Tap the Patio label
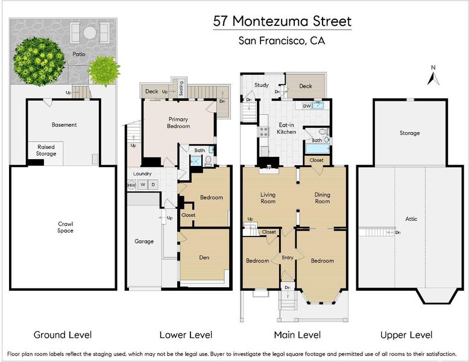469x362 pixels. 79,54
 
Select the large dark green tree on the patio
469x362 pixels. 39,61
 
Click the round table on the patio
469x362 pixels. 89,33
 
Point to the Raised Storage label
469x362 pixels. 46,150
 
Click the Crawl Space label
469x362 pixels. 66,227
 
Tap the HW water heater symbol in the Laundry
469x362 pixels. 131,185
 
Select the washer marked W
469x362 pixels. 143,185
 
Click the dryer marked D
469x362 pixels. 153,185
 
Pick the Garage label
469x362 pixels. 144,241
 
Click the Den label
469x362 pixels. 204,258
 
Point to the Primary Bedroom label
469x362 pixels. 178,122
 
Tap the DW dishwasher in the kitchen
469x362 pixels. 307,106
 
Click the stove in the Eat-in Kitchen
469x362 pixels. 264,132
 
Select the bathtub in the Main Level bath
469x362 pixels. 317,149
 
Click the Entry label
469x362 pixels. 288,258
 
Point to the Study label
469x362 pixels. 262,85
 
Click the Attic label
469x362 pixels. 411,219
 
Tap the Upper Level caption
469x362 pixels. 406,335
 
